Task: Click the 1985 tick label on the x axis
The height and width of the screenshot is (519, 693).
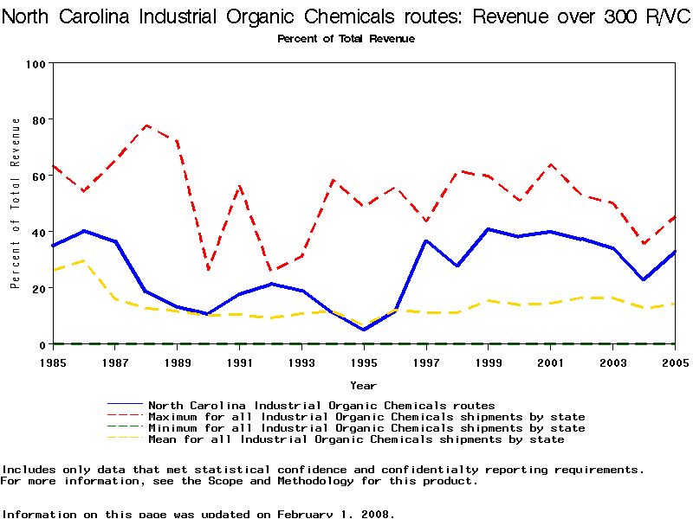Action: [54, 362]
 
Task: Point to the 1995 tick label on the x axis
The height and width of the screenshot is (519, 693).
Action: [364, 362]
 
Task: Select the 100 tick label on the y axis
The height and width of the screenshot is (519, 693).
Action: [36, 64]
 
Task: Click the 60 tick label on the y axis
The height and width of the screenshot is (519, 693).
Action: [40, 176]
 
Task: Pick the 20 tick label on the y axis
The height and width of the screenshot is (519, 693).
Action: [40, 288]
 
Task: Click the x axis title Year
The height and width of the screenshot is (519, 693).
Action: [363, 384]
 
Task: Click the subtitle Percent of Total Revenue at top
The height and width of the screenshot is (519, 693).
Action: [346, 39]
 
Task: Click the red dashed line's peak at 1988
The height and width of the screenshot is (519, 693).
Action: [146, 125]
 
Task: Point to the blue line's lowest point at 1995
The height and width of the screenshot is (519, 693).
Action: [364, 330]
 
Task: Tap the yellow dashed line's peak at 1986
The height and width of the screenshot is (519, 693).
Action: [85, 259]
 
